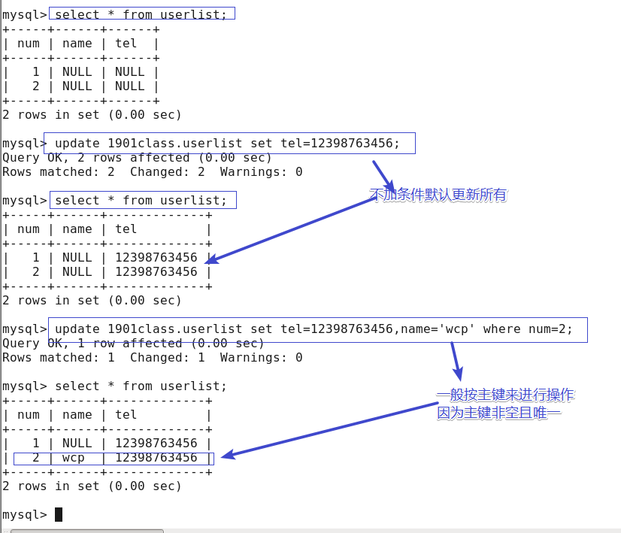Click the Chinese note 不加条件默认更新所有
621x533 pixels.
click(438, 195)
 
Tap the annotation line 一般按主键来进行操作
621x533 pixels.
click(504, 395)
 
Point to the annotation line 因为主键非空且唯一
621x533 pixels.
click(499, 413)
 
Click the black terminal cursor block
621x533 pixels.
click(59, 514)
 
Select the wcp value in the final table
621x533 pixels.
click(73, 458)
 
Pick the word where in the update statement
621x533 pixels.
click(501, 329)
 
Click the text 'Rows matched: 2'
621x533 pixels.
click(58, 172)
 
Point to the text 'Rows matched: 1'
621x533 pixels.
click(58, 358)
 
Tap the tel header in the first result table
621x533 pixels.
click(126, 44)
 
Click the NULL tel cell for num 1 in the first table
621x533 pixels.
click(129, 72)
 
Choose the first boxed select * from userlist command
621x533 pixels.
click(141, 14)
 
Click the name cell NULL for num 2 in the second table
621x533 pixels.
click(77, 271)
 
